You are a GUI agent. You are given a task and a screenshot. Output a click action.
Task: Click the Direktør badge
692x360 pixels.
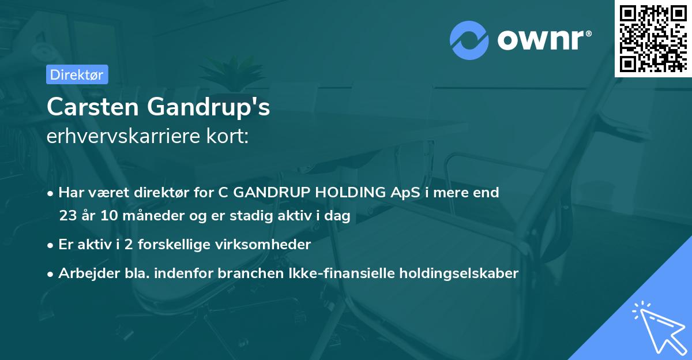pyautogui.click(x=77, y=74)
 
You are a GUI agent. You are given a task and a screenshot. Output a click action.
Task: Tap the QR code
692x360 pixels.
pyautogui.click(x=653, y=38)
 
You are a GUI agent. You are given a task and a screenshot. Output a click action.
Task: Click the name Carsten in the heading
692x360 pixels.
pyautogui.click(x=92, y=107)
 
